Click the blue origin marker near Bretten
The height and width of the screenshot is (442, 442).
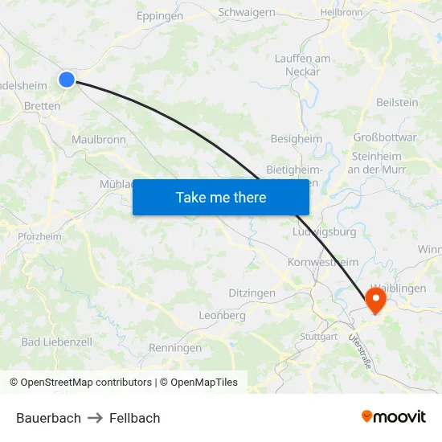(x=67, y=79)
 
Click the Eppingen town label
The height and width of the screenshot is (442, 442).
(x=160, y=15)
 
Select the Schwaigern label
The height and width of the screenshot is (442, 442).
(x=247, y=12)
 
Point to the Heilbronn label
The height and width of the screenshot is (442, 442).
(x=342, y=13)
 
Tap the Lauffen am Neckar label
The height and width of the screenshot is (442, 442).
(x=302, y=64)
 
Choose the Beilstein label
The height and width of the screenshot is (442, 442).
(x=397, y=102)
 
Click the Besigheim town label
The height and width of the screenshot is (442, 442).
(x=296, y=138)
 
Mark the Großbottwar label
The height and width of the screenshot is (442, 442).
(x=385, y=137)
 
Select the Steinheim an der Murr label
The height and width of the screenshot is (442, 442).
(x=377, y=162)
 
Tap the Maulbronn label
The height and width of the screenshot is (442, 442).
(x=99, y=139)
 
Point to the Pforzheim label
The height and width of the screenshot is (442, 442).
(x=39, y=236)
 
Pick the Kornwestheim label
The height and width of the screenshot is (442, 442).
(x=323, y=263)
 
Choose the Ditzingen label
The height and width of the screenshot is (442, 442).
(x=252, y=293)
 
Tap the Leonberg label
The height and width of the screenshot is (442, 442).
(x=222, y=316)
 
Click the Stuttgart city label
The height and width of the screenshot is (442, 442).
(x=318, y=336)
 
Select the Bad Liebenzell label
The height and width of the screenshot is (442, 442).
(x=57, y=342)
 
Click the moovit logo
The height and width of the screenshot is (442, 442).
(x=394, y=417)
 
